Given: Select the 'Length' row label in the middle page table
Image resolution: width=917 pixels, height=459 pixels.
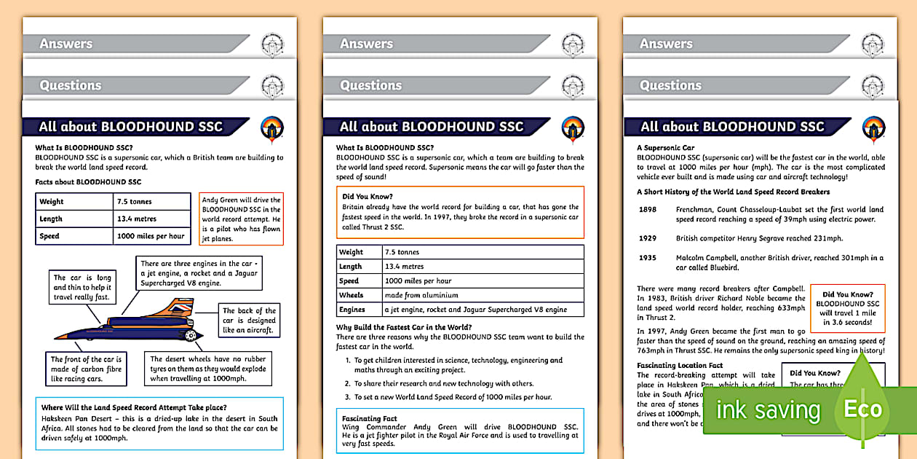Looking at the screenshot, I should click(351, 267).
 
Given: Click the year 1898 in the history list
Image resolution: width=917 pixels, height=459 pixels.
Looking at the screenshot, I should click(648, 210).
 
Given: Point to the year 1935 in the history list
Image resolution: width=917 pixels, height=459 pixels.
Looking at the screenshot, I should click(648, 257).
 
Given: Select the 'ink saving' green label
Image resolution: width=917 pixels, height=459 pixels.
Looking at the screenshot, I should click(768, 410).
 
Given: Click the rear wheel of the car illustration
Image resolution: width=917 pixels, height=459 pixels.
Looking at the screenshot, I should click(191, 335).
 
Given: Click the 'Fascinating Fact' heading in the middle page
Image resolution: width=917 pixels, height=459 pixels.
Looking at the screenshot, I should click(369, 418).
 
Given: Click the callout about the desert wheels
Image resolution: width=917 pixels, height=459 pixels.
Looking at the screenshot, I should click(208, 369).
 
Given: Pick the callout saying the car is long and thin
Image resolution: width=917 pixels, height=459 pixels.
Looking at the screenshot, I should click(82, 287).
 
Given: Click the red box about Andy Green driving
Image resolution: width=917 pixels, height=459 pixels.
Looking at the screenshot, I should click(241, 219).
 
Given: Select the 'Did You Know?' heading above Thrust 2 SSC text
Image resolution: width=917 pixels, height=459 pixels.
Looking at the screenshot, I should click(368, 197).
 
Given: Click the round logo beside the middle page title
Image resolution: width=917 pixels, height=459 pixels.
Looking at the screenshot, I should click(572, 129).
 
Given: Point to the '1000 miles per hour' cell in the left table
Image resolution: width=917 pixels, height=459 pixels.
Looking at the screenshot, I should click(151, 236).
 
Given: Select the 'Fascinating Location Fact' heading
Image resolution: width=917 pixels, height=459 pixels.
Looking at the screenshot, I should click(680, 366).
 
